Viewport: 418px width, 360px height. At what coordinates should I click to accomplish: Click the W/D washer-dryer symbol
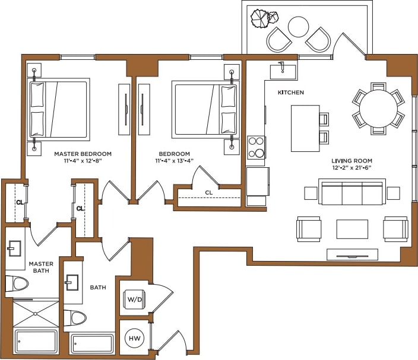coord(134,298)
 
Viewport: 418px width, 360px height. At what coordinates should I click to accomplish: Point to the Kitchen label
coord(291,93)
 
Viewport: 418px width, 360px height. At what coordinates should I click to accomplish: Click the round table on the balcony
coord(298,26)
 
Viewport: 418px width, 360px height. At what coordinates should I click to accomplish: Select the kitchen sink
coord(284,71)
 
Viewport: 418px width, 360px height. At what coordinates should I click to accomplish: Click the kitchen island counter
coord(305,128)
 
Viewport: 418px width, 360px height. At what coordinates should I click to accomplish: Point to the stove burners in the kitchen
coord(256,147)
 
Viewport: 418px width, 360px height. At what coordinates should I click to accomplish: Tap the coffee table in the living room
coord(351,229)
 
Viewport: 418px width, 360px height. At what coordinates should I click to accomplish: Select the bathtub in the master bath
coord(36,342)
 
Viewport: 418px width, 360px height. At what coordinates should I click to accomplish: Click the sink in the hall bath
coord(73,283)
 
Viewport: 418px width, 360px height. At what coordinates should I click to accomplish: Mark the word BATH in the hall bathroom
coord(97,288)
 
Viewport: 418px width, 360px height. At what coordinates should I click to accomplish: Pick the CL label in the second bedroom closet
coord(208,192)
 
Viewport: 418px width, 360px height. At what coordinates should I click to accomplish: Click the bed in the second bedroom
coord(204,108)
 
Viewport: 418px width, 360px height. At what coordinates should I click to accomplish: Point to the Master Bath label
coord(40,267)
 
